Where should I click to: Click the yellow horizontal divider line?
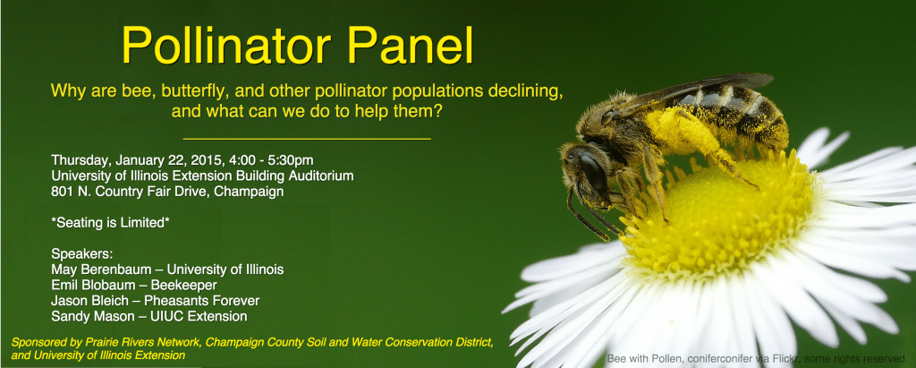[308, 140]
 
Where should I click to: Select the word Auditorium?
[323, 175]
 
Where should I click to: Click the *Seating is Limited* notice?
[110, 224]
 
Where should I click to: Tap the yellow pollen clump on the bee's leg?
[678, 130]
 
